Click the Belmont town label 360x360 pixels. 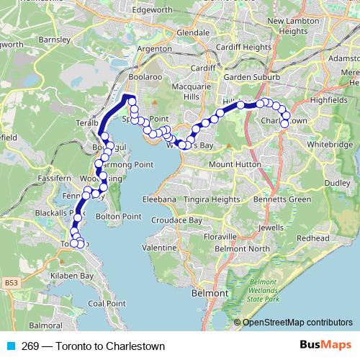click(209, 294)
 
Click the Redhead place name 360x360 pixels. click(312, 238)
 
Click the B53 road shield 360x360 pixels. click(11, 284)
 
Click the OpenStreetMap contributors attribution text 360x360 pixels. click(297, 323)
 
